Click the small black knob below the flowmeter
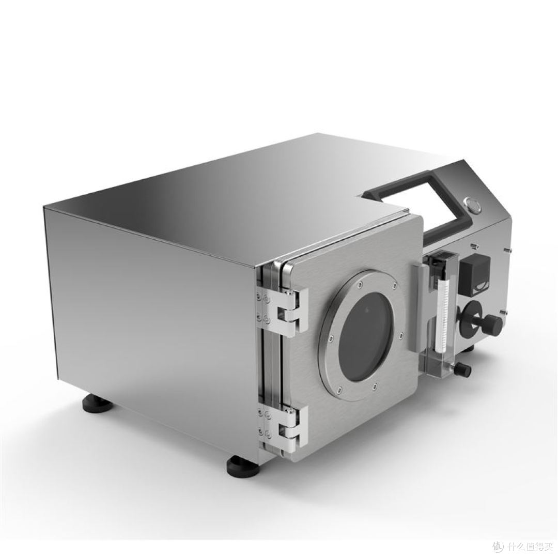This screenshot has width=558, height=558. click(x=464, y=369)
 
